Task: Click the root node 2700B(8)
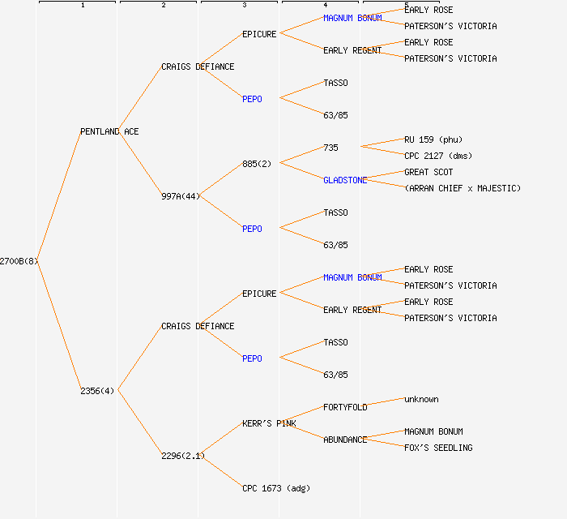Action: (19, 261)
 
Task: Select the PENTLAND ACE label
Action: (109, 131)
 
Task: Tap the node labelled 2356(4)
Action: (97, 391)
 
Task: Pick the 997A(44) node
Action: (180, 196)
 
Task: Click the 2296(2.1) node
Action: (182, 456)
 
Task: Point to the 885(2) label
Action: (257, 164)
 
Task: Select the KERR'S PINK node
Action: (269, 423)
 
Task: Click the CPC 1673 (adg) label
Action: (275, 488)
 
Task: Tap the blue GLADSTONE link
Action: (345, 180)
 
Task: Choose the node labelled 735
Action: (330, 148)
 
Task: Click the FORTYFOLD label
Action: (345, 407)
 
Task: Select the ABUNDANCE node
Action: (345, 440)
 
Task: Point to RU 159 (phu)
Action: (433, 139)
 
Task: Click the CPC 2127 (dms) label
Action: (438, 156)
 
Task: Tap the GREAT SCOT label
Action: (428, 172)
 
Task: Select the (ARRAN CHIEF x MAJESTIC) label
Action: (463, 188)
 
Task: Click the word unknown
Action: (421, 399)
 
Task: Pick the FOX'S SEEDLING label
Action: (438, 448)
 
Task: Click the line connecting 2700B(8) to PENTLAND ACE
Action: (58, 196)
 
